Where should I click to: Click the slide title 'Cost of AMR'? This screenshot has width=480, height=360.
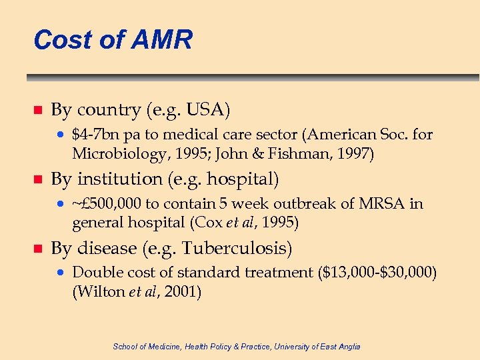[x=113, y=40]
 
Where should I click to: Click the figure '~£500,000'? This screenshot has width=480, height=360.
[x=108, y=204]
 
